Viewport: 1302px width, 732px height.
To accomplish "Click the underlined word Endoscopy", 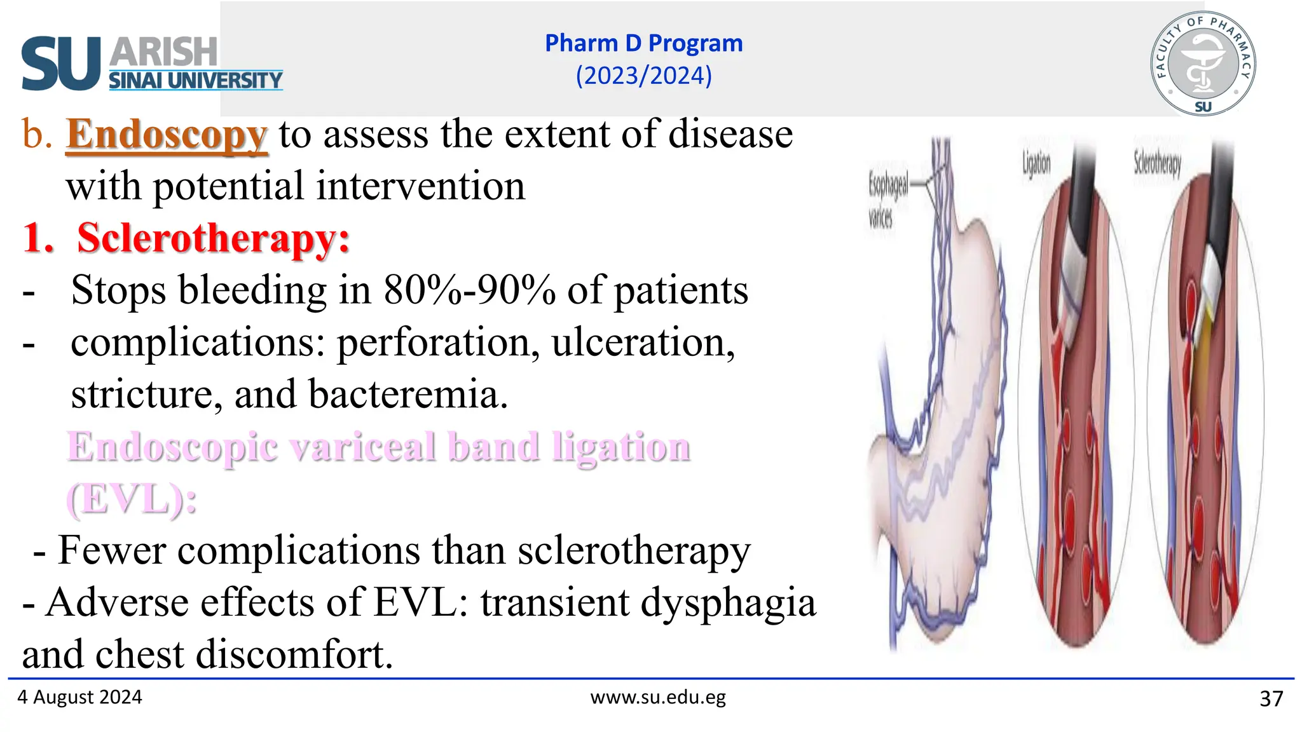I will (x=167, y=135).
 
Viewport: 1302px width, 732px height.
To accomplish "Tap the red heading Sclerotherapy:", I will (x=213, y=238).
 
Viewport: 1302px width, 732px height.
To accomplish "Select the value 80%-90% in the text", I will (x=469, y=290).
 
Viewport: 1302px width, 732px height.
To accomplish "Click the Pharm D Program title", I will (x=643, y=43).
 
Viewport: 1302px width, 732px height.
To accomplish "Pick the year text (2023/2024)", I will (x=643, y=76).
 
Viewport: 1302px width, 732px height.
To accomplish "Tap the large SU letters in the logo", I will (x=61, y=64).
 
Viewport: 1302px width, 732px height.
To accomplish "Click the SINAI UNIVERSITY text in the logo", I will (x=195, y=81).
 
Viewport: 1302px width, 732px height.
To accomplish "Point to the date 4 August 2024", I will (x=79, y=697).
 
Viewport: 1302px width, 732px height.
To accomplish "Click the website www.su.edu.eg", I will (x=658, y=697).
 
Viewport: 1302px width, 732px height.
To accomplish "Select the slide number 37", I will (x=1271, y=699).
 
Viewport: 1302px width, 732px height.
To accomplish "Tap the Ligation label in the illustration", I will (x=1036, y=164).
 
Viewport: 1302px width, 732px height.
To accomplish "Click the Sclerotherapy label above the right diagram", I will (x=1157, y=164).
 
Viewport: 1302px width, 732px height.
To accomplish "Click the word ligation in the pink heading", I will (x=620, y=447).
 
